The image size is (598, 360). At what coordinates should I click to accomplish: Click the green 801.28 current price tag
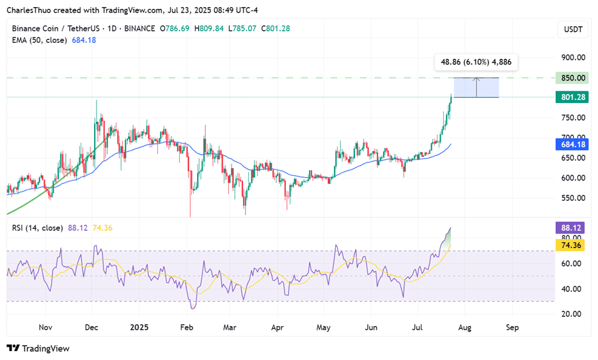(x=573, y=97)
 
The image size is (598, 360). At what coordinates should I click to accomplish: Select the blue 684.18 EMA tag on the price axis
(x=573, y=145)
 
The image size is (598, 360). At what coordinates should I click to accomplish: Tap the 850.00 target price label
(x=573, y=78)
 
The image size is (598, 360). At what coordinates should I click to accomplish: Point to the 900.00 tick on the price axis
(x=573, y=58)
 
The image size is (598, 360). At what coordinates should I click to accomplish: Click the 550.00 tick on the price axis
(x=573, y=198)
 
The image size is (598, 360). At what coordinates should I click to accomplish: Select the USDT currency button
(x=572, y=29)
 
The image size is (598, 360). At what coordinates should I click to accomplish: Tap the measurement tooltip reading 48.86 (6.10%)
(x=476, y=63)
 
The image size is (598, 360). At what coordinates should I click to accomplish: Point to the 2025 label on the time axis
(x=139, y=327)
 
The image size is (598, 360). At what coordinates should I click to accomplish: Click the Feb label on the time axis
(x=186, y=327)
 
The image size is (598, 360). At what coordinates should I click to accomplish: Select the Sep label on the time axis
(x=512, y=327)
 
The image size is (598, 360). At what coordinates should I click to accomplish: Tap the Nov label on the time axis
(x=45, y=327)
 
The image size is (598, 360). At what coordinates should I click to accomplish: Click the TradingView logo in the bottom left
(x=38, y=348)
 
